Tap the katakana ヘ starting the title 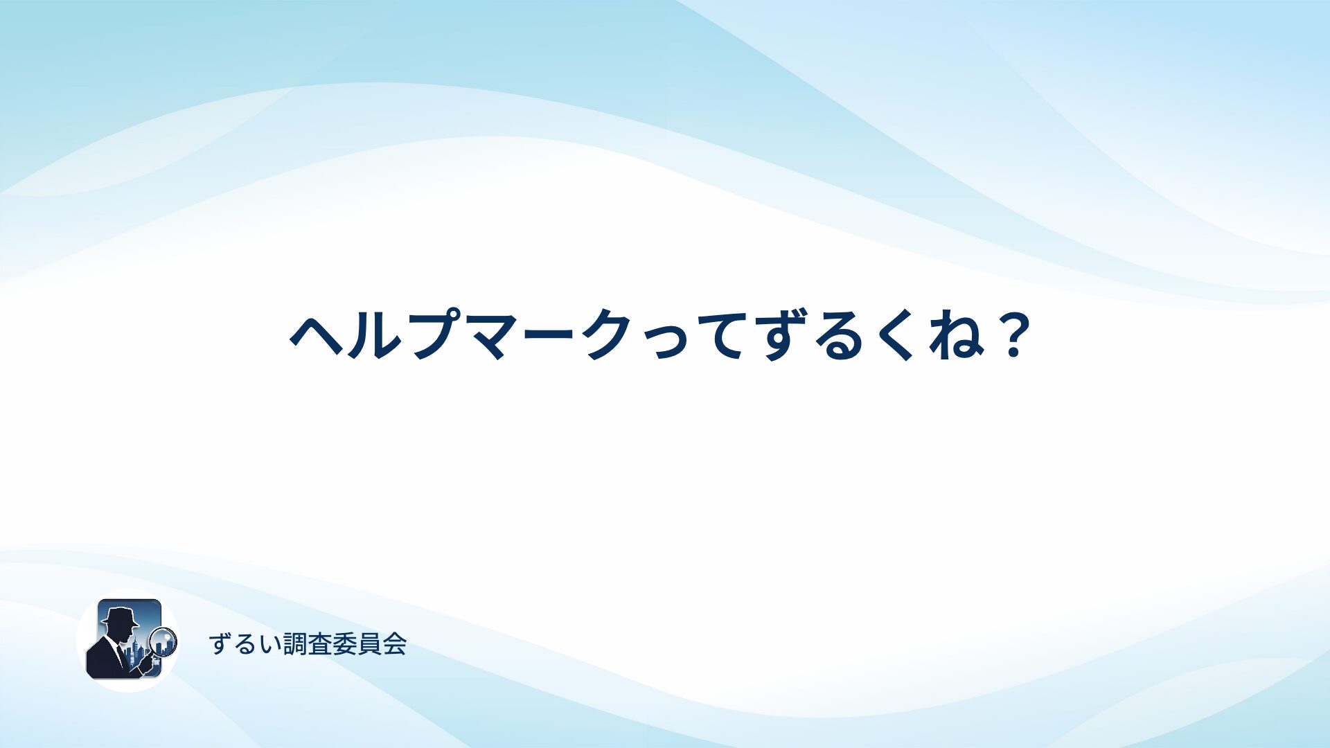click(317, 336)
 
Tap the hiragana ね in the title click(957, 335)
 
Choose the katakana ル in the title click(377, 336)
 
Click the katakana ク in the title click(610, 335)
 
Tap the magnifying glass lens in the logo click(163, 641)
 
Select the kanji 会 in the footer click(395, 644)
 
